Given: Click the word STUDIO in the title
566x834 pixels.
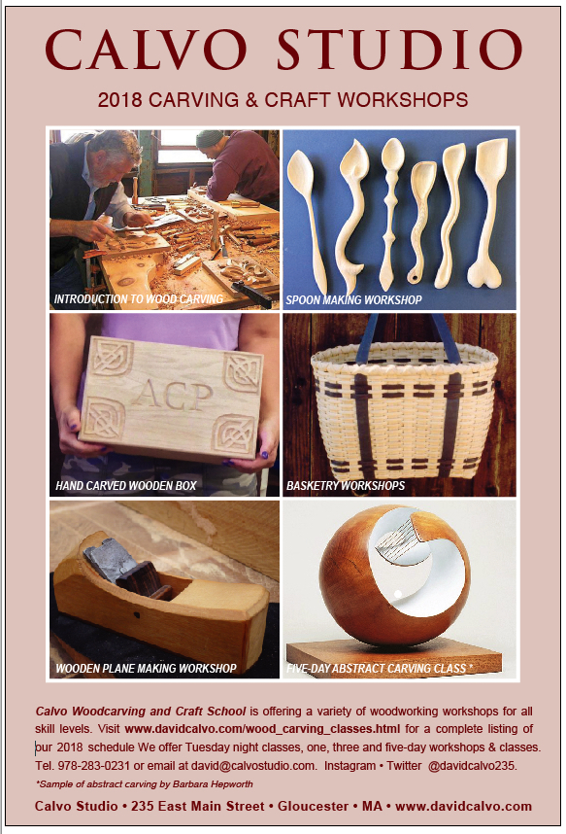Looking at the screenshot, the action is pyautogui.click(x=399, y=50).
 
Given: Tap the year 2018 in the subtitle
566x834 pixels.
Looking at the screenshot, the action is pyautogui.click(x=119, y=100).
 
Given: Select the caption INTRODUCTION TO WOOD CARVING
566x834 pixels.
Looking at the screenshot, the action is pyautogui.click(x=139, y=299).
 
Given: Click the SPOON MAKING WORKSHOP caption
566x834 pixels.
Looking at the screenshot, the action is pyautogui.click(x=354, y=300).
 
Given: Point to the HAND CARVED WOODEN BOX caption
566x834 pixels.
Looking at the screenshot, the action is pyautogui.click(x=126, y=486).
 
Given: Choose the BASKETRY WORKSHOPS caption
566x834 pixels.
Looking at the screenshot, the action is pyautogui.click(x=346, y=486).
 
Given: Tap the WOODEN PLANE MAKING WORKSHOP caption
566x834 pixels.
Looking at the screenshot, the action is pyautogui.click(x=147, y=669).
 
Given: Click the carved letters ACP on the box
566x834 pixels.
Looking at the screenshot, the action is pyautogui.click(x=172, y=394).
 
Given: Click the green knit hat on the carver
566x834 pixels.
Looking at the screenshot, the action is pyautogui.click(x=210, y=138).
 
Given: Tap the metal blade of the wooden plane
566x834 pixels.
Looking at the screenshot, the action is pyautogui.click(x=104, y=559).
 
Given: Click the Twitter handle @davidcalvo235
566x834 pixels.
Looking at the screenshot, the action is pyautogui.click(x=472, y=766).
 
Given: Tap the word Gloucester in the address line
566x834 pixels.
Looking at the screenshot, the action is pyautogui.click(x=313, y=807).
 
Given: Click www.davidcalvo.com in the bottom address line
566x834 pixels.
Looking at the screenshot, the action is pyautogui.click(x=463, y=807).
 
